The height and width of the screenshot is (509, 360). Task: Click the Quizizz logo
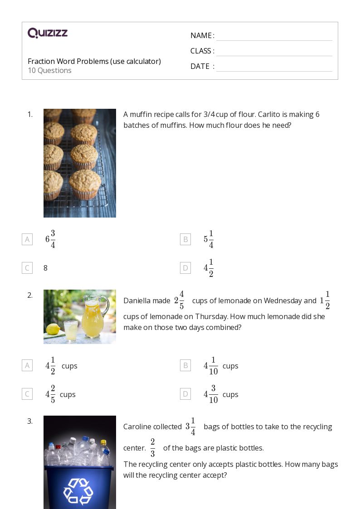pyautogui.click(x=48, y=33)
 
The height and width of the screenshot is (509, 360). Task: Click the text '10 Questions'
pyautogui.click(x=49, y=70)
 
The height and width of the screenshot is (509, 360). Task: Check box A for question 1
pyautogui.click(x=27, y=239)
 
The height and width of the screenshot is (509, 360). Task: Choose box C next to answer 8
pyautogui.click(x=27, y=268)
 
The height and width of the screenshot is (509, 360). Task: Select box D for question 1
pyautogui.click(x=185, y=268)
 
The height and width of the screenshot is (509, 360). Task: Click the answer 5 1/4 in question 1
pyautogui.click(x=209, y=239)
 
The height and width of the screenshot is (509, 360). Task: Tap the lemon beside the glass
pyautogui.click(x=53, y=330)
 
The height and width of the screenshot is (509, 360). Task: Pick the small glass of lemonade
pyautogui.click(x=70, y=330)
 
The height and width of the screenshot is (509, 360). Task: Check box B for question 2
pyautogui.click(x=185, y=365)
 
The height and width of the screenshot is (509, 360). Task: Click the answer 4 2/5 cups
pyautogui.click(x=60, y=394)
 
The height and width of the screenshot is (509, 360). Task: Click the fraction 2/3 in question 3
pyautogui.click(x=153, y=448)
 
